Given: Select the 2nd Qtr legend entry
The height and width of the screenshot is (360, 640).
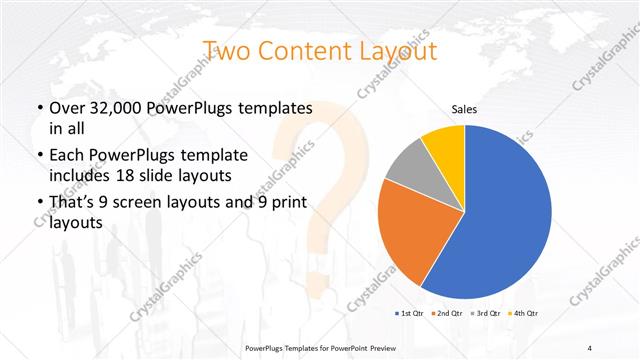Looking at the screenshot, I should click(446, 314).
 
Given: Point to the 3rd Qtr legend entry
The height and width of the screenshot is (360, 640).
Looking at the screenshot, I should click(482, 314).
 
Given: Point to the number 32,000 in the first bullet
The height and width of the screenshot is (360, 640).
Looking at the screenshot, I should click(117, 107).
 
